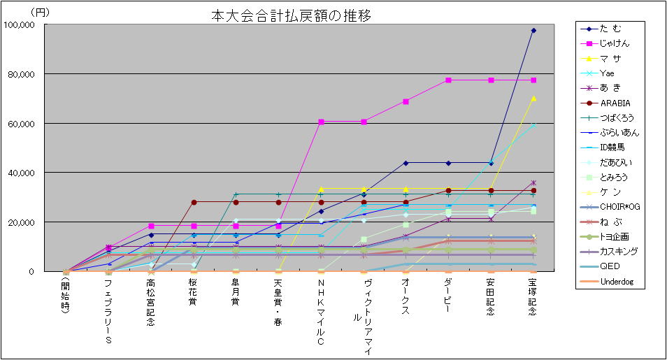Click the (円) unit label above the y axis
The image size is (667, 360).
tap(41, 12)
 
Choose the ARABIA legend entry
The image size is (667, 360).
tap(615, 102)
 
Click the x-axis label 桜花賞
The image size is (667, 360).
tap(193, 293)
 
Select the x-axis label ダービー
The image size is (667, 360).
tap(448, 293)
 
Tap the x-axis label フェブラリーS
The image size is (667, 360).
tap(108, 311)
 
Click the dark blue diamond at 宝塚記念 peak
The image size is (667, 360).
tap(533, 31)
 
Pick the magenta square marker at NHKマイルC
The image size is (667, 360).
tap(321, 122)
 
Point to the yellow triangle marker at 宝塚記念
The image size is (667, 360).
tap(533, 99)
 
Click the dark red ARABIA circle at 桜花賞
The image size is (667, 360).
tap(193, 202)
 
